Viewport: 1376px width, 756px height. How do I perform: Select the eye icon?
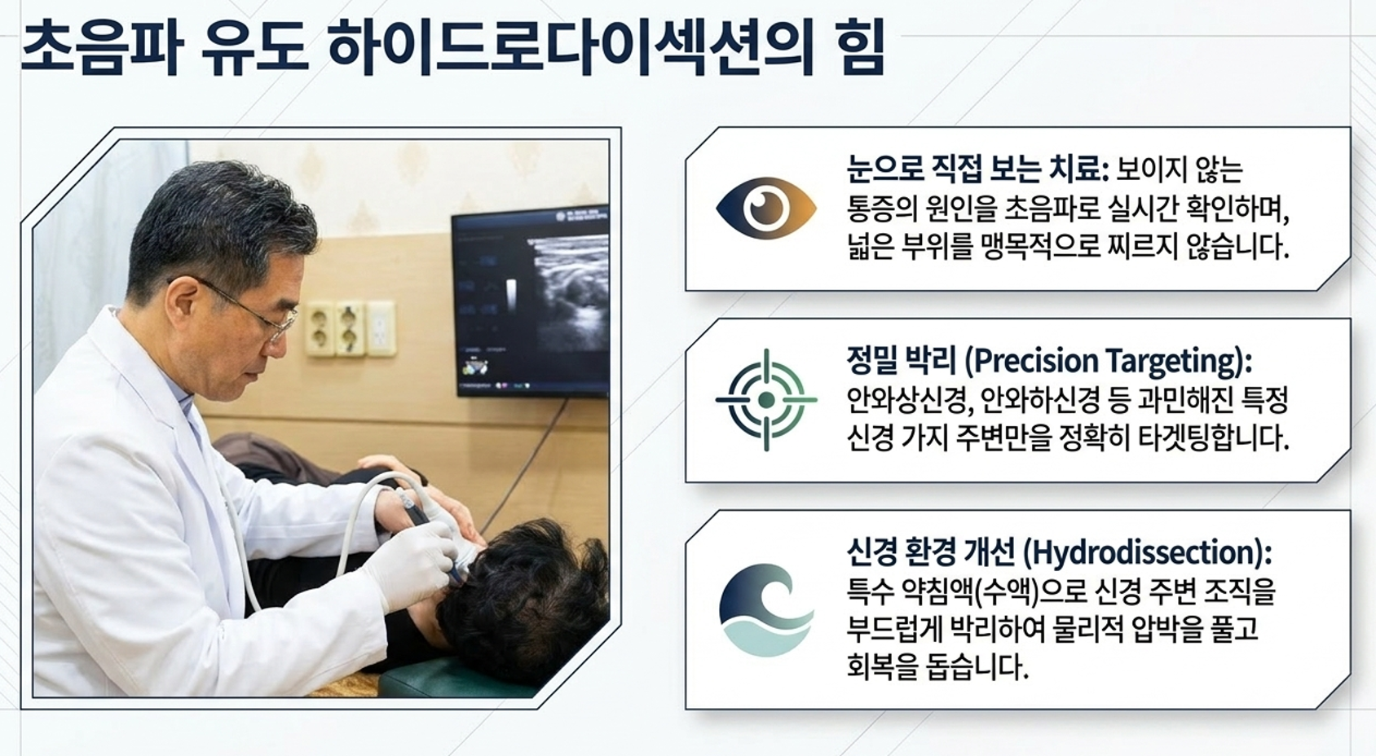766,209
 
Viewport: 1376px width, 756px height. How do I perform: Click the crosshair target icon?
766,400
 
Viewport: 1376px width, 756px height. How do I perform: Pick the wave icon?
766,610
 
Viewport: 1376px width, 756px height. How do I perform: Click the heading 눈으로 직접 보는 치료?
977,169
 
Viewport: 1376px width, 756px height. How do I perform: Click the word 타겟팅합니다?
1213,438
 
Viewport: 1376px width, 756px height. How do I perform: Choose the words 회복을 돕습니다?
937,666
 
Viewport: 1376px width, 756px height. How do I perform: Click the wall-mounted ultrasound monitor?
531,301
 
